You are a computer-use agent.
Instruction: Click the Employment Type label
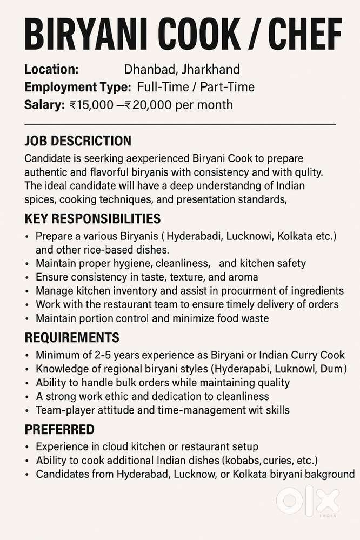77,87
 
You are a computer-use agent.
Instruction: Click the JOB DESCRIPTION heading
78,142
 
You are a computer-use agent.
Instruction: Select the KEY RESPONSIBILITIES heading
92,219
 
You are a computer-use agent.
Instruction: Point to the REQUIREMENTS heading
72,338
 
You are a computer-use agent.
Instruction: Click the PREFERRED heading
59,430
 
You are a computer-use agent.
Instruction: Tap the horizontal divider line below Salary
180,125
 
